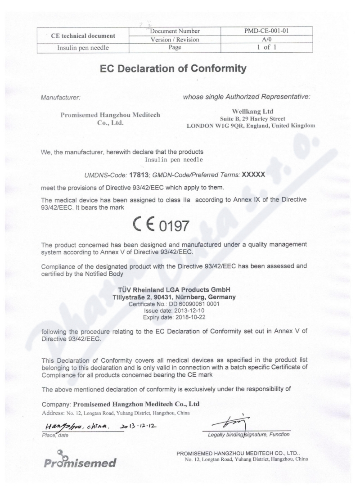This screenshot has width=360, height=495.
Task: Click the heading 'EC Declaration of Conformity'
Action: [180, 69]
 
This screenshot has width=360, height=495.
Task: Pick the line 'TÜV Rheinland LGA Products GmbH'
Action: [180, 290]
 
